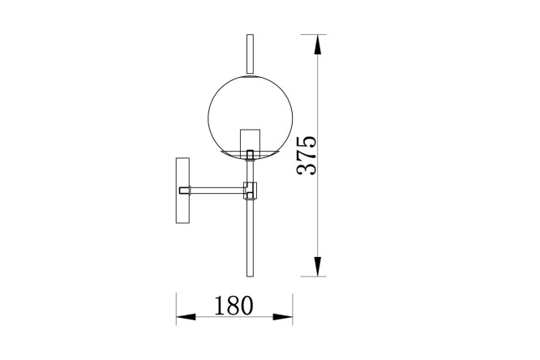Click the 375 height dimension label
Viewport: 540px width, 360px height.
click(x=306, y=156)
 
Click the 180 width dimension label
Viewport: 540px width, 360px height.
click(x=234, y=306)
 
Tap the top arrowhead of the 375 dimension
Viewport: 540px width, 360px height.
click(x=318, y=45)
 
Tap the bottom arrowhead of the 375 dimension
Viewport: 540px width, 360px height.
click(x=318, y=266)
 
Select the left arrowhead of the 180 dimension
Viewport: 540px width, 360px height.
click(x=186, y=317)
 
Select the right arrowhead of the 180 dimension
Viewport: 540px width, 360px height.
click(x=283, y=317)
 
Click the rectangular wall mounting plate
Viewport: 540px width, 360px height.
click(x=182, y=191)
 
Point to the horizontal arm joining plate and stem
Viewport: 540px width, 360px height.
click(x=217, y=191)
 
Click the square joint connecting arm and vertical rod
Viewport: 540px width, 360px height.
click(x=251, y=191)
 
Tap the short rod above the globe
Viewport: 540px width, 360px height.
click(x=251, y=54)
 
